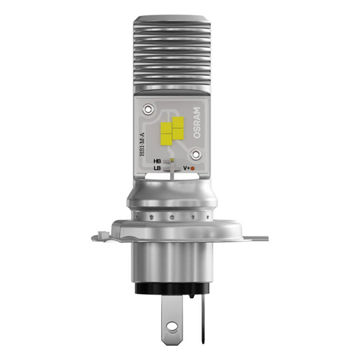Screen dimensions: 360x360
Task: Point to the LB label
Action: (157, 169)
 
